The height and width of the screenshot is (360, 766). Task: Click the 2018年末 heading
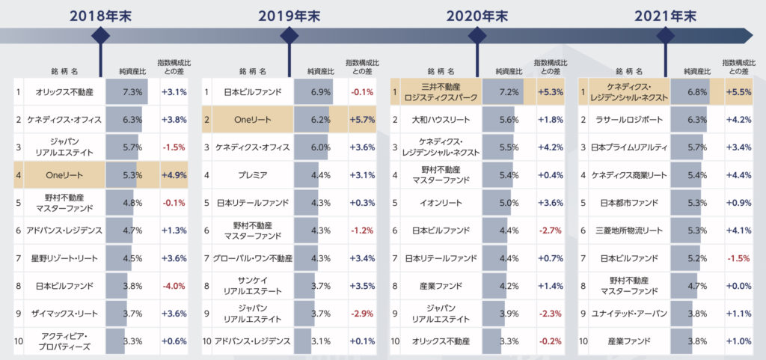100,15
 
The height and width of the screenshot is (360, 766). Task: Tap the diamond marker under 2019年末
289,35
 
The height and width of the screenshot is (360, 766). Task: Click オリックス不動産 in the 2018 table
64,92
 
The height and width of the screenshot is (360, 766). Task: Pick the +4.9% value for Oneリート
173,176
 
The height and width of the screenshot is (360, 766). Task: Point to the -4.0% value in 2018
173,284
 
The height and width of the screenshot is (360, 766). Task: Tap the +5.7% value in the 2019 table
361,119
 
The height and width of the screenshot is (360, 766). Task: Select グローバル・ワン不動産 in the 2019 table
252,258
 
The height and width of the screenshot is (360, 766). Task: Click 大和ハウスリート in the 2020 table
440,119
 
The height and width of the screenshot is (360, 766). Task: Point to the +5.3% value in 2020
550,92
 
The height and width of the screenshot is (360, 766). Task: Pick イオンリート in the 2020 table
440,203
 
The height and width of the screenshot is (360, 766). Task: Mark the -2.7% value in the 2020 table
550,231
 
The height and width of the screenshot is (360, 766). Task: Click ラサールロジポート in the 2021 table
628,119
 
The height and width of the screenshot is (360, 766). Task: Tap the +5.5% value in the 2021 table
738,92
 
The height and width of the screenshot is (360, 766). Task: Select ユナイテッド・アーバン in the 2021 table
628,314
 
